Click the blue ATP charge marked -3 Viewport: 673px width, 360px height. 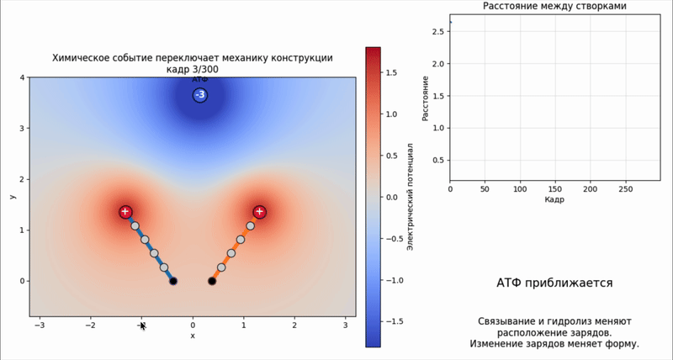pos(200,95)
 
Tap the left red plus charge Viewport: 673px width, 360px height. pos(125,211)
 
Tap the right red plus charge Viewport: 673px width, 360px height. pos(259,211)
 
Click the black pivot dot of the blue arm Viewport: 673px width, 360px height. pos(173,281)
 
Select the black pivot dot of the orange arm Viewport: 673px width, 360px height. pos(212,281)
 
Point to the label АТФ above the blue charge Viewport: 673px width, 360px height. pos(200,79)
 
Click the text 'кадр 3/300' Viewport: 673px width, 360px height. pos(193,68)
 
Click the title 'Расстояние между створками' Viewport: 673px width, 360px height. pos(554,6)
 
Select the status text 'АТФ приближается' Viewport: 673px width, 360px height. pos(554,283)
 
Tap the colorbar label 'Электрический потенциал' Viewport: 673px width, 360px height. pos(410,197)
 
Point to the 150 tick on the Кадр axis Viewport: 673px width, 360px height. pos(555,189)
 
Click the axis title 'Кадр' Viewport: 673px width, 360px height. pos(554,199)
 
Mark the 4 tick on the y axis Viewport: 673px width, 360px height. pos(24,77)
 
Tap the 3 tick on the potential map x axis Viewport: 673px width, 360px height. pos(346,326)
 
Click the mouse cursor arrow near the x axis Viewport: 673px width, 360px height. pos(143,326)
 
